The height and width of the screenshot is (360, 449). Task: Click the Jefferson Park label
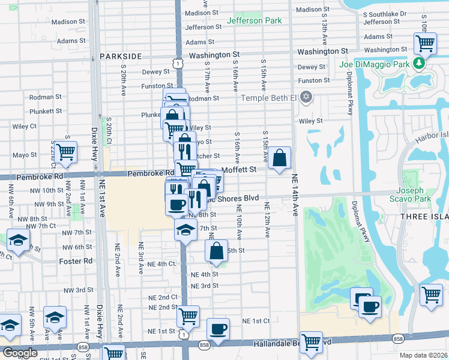(255, 21)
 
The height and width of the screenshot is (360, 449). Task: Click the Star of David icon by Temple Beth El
(306, 97)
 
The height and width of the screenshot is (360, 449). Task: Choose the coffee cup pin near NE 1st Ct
(218, 329)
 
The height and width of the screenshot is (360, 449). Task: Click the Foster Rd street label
(76, 261)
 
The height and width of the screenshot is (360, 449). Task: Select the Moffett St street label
(239, 170)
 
